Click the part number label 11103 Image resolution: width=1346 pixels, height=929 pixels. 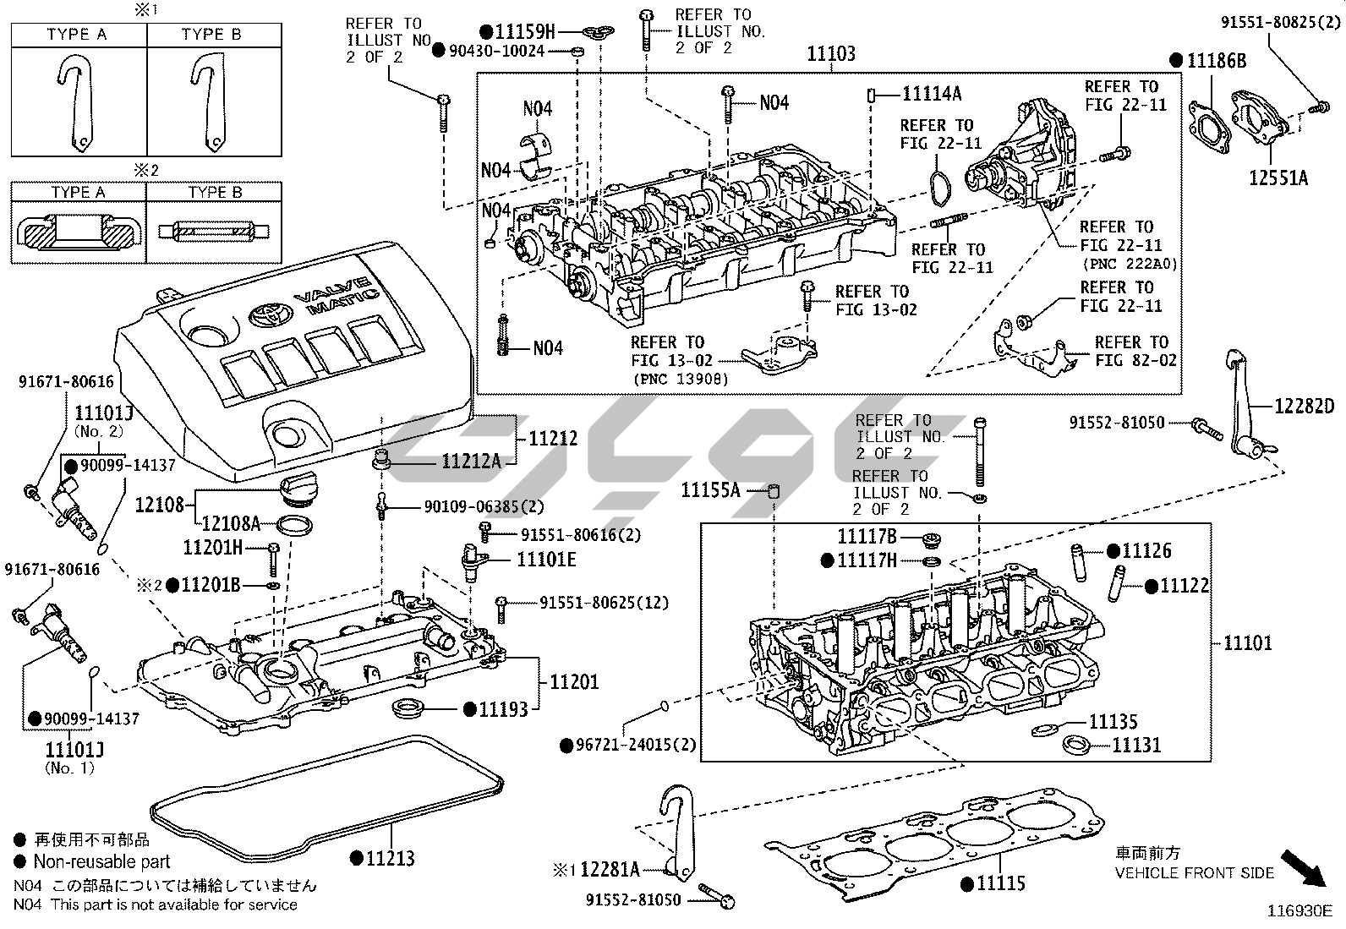coord(831,54)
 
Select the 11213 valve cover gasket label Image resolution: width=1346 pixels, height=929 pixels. coord(390,859)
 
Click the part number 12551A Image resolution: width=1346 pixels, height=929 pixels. coord(1279,178)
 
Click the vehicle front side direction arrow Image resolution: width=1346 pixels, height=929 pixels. coord(1304,868)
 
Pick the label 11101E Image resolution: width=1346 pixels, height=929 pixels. coord(546,560)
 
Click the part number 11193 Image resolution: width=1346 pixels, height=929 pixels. coord(503,709)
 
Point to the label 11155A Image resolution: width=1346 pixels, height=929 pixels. coord(711,489)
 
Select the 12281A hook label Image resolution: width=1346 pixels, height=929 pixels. coord(610,869)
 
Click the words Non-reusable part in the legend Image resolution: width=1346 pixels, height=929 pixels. coord(101,862)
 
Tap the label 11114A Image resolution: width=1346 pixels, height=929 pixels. coord(932,94)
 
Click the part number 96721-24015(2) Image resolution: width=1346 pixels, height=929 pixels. coord(637,745)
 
